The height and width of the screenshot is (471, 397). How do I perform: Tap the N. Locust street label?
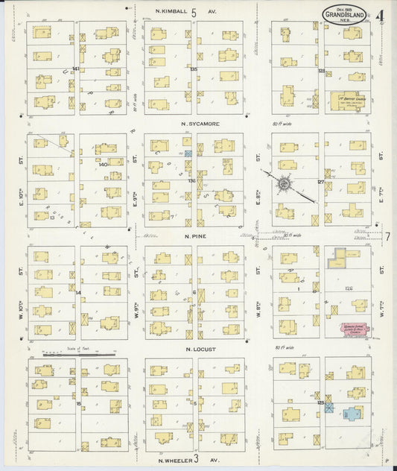coord(200,348)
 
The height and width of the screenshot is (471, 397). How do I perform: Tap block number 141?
coord(76,69)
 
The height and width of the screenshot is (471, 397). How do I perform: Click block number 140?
coord(103,164)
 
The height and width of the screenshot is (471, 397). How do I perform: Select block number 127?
coord(321,181)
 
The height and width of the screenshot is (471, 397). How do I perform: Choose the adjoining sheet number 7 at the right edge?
coord(388,237)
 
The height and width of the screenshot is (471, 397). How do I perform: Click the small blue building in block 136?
coord(188,153)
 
